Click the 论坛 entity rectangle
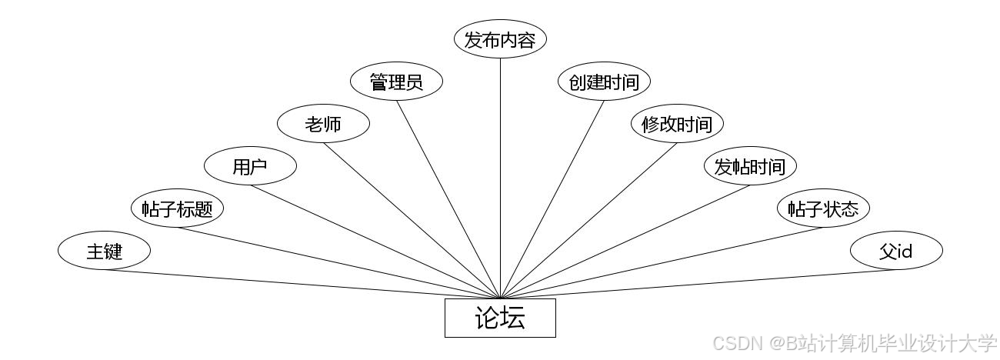coord(500,318)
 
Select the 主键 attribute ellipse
coord(104,251)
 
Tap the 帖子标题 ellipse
coord(177,208)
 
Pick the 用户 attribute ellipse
coord(250,166)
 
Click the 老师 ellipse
coord(323,124)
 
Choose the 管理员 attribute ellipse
coord(396,82)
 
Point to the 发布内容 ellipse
coord(500,40)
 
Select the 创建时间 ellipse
coord(604,82)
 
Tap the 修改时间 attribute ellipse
coord(677,124)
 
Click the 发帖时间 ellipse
coord(750,166)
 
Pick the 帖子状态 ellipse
coord(823,208)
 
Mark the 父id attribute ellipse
coord(896,251)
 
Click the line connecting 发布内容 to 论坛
coord(500,177)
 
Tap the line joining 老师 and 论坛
coord(412,220)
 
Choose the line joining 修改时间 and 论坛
coord(588,220)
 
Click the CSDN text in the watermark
coord(735,343)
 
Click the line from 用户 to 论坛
coord(377,242)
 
